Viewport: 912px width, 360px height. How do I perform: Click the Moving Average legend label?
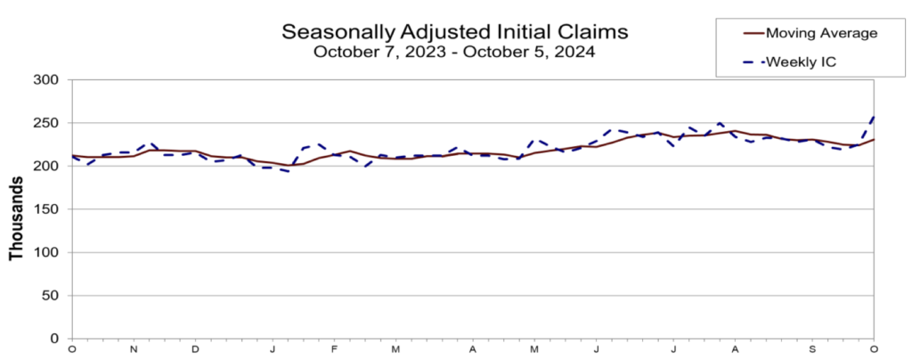pos(823,33)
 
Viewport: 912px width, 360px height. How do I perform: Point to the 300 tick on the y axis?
pos(46,80)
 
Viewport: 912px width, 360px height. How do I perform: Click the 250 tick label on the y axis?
pos(46,123)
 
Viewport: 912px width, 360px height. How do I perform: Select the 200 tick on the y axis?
pos(46,167)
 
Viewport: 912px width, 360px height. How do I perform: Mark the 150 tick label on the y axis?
pos(46,209)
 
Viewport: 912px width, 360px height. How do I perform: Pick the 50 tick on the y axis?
pos(50,296)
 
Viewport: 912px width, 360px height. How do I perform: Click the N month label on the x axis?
pos(134,348)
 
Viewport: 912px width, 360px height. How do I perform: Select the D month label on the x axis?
pos(195,348)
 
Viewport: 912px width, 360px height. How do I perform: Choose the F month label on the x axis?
pos(334,348)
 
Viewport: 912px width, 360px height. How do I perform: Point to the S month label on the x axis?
pos(812,348)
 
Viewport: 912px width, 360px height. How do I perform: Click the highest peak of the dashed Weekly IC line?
pos(874,116)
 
